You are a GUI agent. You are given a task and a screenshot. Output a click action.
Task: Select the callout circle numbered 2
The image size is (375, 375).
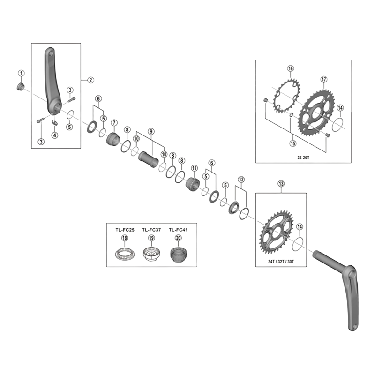click(x=91, y=80)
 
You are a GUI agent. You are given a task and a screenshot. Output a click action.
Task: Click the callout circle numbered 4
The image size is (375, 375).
click(x=55, y=135)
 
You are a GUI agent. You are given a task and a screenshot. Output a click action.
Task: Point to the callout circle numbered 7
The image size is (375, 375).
click(x=114, y=123)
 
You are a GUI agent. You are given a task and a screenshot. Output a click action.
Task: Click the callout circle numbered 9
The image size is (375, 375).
click(x=150, y=132)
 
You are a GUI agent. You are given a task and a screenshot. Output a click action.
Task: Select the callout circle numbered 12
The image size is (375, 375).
click(x=241, y=179)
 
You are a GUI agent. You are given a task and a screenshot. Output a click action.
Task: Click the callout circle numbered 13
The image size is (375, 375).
click(x=281, y=184)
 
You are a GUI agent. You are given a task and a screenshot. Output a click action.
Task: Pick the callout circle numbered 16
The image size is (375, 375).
click(x=291, y=69)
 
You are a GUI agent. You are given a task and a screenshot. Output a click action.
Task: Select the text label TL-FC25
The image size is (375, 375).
click(x=124, y=229)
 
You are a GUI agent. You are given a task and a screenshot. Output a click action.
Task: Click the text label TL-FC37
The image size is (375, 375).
click(x=151, y=229)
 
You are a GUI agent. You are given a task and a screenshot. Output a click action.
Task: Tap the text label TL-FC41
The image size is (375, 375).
click(x=178, y=229)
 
